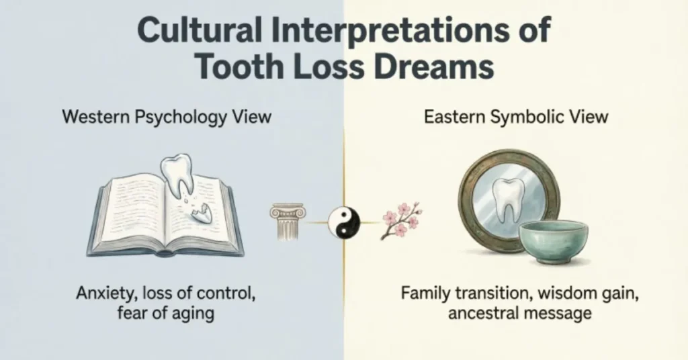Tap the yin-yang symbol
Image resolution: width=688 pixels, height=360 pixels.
(344, 221)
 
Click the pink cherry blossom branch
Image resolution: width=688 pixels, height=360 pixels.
(401, 219)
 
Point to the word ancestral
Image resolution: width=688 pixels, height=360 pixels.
(476, 313)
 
